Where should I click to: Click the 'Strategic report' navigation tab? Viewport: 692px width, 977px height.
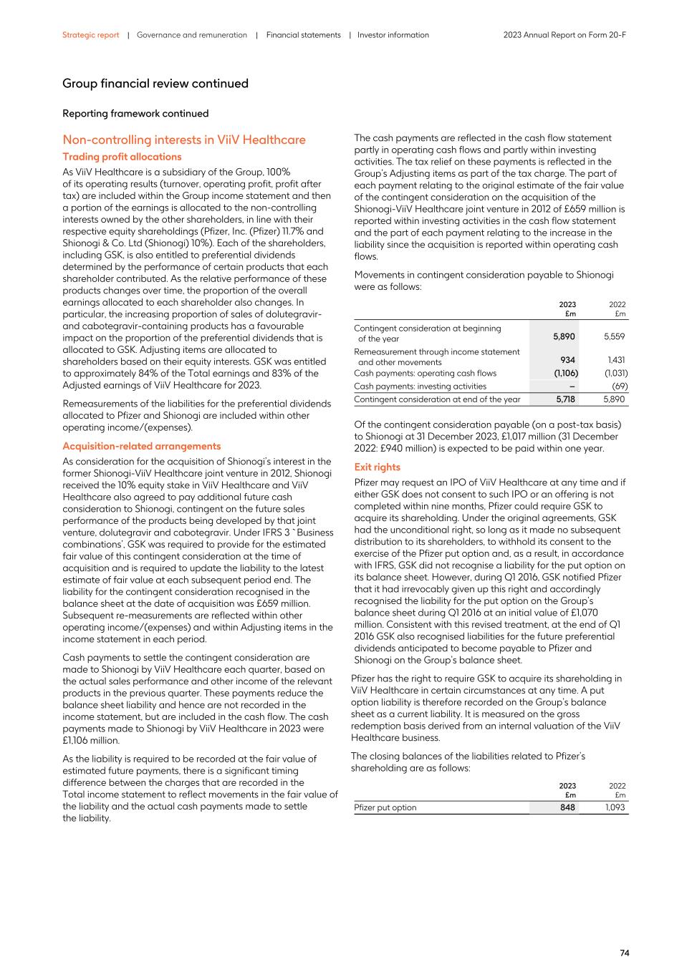click(x=90, y=35)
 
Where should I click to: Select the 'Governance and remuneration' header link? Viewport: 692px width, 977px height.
click(x=192, y=35)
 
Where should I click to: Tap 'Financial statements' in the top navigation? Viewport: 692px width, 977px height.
click(x=303, y=35)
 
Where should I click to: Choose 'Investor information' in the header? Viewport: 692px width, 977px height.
click(x=393, y=35)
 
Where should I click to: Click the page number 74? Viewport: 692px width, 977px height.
click(x=624, y=953)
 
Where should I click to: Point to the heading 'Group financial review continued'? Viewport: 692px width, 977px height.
click(x=155, y=84)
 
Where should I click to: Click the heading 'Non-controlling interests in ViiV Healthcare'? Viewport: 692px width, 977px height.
click(x=184, y=140)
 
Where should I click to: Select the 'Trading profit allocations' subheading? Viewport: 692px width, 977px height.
click(x=122, y=157)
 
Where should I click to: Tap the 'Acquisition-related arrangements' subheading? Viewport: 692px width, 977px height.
click(x=142, y=446)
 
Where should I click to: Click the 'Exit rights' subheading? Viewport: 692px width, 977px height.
click(x=378, y=467)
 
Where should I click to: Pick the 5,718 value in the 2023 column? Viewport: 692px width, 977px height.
click(x=565, y=399)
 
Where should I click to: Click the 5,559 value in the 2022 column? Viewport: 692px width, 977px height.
click(x=614, y=336)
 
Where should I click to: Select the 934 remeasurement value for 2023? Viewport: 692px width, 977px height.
click(x=567, y=360)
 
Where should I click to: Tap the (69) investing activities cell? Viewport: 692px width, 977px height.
click(x=618, y=387)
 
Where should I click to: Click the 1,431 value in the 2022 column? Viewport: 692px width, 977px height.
click(x=616, y=360)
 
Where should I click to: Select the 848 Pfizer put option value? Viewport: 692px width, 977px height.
click(x=567, y=807)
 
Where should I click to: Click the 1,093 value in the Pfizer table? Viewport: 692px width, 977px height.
click(x=615, y=807)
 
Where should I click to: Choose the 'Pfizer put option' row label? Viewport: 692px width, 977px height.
click(x=385, y=807)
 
